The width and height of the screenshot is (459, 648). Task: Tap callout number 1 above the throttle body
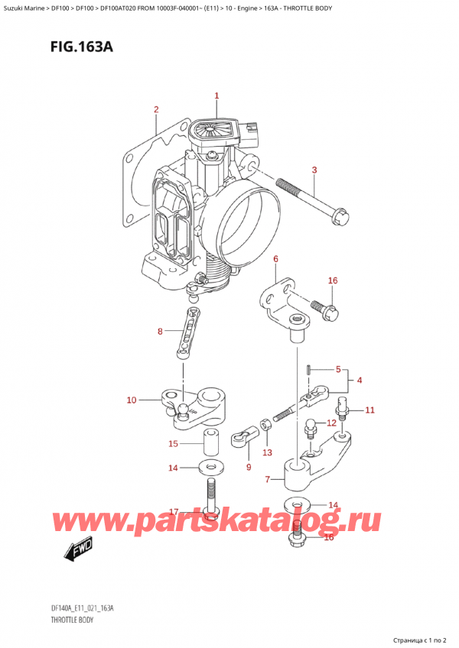point(216,96)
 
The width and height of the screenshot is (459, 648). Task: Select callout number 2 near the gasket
point(156,109)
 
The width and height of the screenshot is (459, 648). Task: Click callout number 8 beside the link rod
point(159,331)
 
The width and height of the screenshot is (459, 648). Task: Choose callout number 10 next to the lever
point(131,400)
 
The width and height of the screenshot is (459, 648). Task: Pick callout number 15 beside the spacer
point(173,444)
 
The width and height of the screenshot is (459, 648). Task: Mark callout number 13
point(266,452)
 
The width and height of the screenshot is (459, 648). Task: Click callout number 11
point(369,410)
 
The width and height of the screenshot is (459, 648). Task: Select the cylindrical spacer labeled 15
point(210,442)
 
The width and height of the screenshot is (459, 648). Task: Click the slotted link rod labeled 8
point(188,330)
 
